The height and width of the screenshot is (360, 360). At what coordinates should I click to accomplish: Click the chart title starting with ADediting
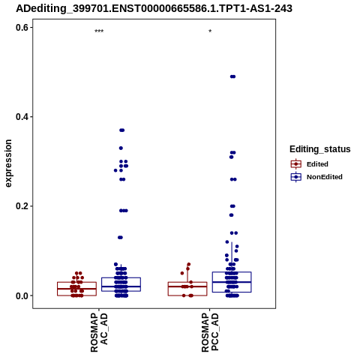coord(154,8)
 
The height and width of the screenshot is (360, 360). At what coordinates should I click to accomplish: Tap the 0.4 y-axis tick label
coord(22,117)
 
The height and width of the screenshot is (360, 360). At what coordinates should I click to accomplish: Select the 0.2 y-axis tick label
coord(22,206)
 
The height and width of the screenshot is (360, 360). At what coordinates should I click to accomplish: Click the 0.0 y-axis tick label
coord(22,295)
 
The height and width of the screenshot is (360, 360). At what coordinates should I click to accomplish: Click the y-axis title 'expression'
coord(8,163)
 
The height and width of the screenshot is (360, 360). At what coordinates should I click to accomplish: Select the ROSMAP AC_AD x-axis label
coord(99,333)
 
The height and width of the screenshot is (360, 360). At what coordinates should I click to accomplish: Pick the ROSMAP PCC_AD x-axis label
coord(210,333)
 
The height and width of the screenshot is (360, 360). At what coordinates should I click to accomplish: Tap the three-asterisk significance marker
coord(99,31)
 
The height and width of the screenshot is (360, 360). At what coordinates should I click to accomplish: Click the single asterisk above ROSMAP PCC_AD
coord(210,31)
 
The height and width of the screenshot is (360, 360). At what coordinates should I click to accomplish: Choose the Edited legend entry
coord(310,164)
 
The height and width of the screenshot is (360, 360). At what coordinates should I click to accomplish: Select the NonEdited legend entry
coord(316,177)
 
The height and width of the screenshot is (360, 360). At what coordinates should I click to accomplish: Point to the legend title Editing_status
coord(320,149)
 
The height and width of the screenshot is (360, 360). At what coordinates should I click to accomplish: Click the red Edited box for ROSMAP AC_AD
coord(76,282)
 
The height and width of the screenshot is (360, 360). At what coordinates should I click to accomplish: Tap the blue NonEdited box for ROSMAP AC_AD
coord(121,277)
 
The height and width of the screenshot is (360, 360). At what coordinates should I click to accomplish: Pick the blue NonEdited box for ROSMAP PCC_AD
coord(232,272)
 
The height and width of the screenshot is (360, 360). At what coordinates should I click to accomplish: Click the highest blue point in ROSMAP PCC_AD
coord(232,76)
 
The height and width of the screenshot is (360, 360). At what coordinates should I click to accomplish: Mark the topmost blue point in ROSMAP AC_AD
coord(122,130)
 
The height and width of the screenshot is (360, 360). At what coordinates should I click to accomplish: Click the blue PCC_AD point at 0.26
coord(233,179)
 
